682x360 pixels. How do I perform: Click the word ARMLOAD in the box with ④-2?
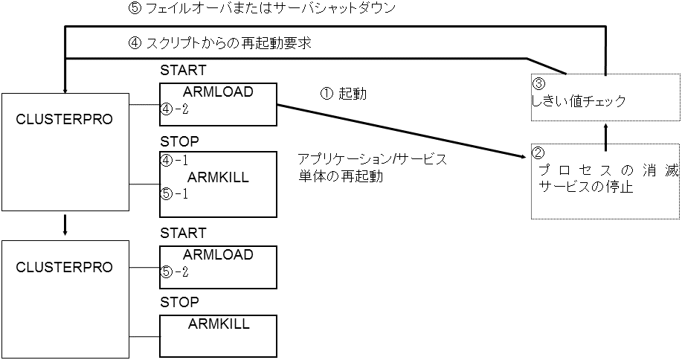coord(218,91)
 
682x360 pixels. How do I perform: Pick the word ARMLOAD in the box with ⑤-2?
coord(218,254)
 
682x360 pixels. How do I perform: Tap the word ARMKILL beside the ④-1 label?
coord(218,177)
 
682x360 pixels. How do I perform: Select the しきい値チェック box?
coord(605,96)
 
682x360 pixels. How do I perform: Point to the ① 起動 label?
coord(343,94)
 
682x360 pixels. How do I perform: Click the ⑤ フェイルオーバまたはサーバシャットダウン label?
coord(262,10)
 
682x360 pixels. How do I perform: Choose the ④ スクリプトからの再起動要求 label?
coord(219,43)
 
